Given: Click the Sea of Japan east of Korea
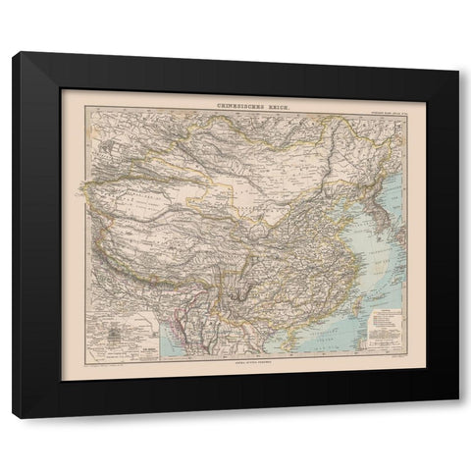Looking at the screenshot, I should click(389, 183).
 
